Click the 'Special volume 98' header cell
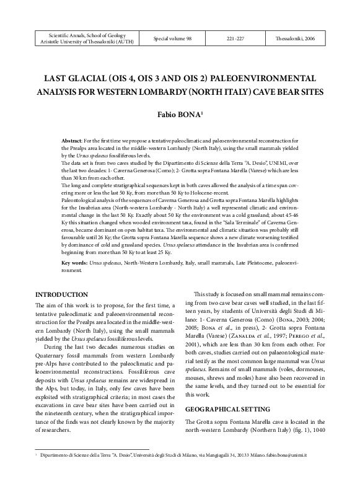point(172,38)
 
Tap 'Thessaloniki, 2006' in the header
point(297,38)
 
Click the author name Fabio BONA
point(179,115)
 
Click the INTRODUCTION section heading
point(61,294)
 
